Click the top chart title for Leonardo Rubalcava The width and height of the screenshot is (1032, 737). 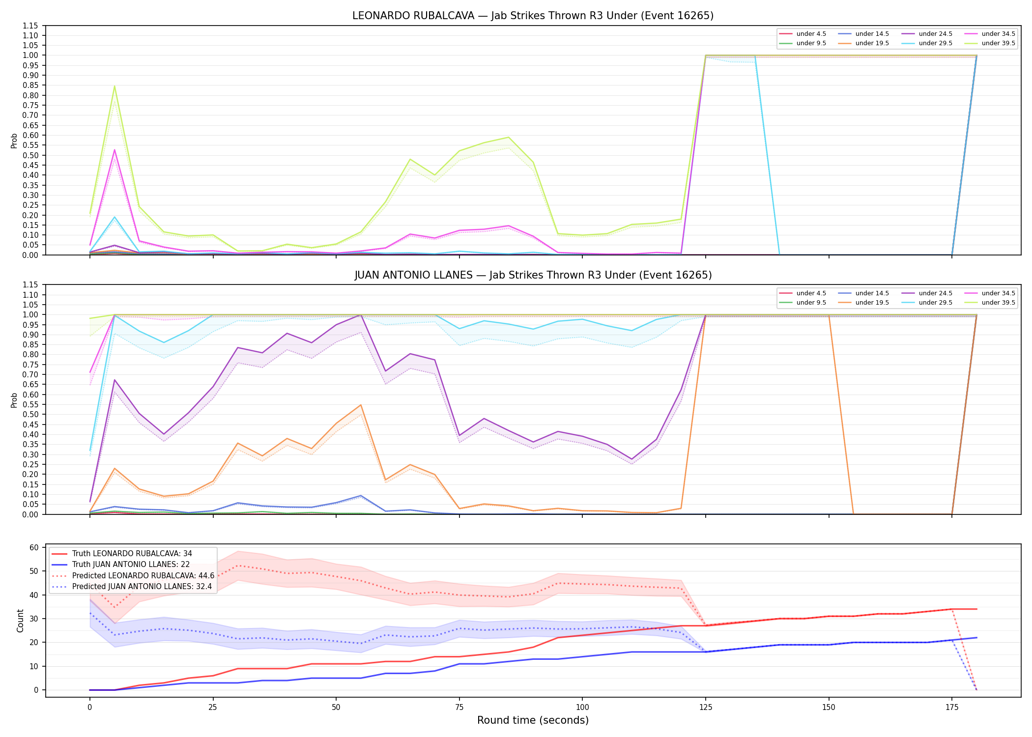coord(533,16)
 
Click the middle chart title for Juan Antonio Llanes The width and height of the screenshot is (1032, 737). coord(533,275)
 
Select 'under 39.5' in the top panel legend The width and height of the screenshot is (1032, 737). coord(998,43)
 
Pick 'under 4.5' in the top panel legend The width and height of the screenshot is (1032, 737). coord(811,34)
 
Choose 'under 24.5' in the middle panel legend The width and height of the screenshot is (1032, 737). coord(935,293)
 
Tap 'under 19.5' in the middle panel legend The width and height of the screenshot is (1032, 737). coord(872,303)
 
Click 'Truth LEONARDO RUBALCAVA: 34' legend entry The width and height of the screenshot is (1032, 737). coord(132,554)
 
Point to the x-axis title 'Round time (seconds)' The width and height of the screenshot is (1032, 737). coord(533,720)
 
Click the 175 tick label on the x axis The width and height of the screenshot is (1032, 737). coord(952,708)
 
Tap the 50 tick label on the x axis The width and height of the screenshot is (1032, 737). coord(336,708)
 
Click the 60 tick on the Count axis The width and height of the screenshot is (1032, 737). coord(34,547)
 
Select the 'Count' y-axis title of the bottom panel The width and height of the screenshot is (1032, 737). coord(20,621)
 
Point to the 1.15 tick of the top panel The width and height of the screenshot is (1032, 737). coord(30,26)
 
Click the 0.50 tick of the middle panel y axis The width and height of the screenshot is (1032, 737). coord(30,414)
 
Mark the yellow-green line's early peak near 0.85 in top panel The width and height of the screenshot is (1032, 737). coord(115,86)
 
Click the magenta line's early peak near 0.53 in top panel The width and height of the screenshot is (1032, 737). coord(115,150)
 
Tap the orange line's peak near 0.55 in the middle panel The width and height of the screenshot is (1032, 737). coord(361,405)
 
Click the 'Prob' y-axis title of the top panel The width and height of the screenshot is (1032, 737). coord(14,141)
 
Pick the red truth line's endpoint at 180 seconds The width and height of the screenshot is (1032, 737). coord(976,609)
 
